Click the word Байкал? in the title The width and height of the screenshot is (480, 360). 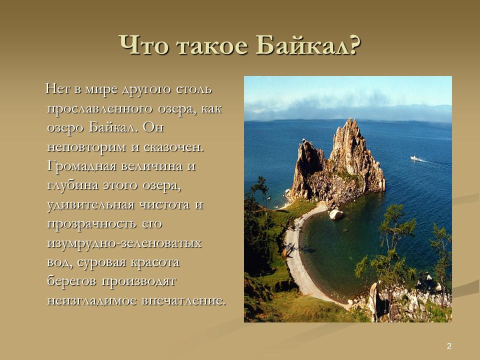pos(308,46)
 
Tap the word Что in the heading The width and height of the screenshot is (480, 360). pos(141,46)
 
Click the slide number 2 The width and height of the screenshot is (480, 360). pos(449,346)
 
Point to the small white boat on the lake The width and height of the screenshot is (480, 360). pos(414,158)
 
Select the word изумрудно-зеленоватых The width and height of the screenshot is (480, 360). pos(124,243)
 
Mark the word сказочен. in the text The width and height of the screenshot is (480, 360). pos(174,147)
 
